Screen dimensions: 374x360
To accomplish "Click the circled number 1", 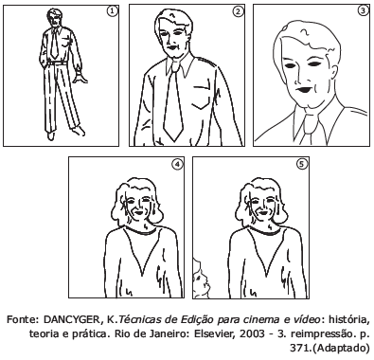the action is (x=113, y=11).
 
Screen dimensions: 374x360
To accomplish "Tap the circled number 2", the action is (x=238, y=11).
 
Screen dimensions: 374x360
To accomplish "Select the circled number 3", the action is (x=363, y=10).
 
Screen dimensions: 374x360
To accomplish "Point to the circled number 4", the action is (x=177, y=164).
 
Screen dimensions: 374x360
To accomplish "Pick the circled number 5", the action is (x=302, y=164).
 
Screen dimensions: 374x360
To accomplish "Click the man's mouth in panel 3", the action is (x=305, y=89).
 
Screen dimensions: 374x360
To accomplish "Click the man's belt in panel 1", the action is (x=57, y=63).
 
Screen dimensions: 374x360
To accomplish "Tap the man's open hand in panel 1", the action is (x=80, y=78).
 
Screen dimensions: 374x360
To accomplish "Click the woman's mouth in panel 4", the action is (x=138, y=212).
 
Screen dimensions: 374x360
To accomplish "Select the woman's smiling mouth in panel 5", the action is (x=262, y=212).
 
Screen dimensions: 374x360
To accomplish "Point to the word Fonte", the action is (x=22, y=319).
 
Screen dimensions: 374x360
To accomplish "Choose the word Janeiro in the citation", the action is (x=169, y=333).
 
